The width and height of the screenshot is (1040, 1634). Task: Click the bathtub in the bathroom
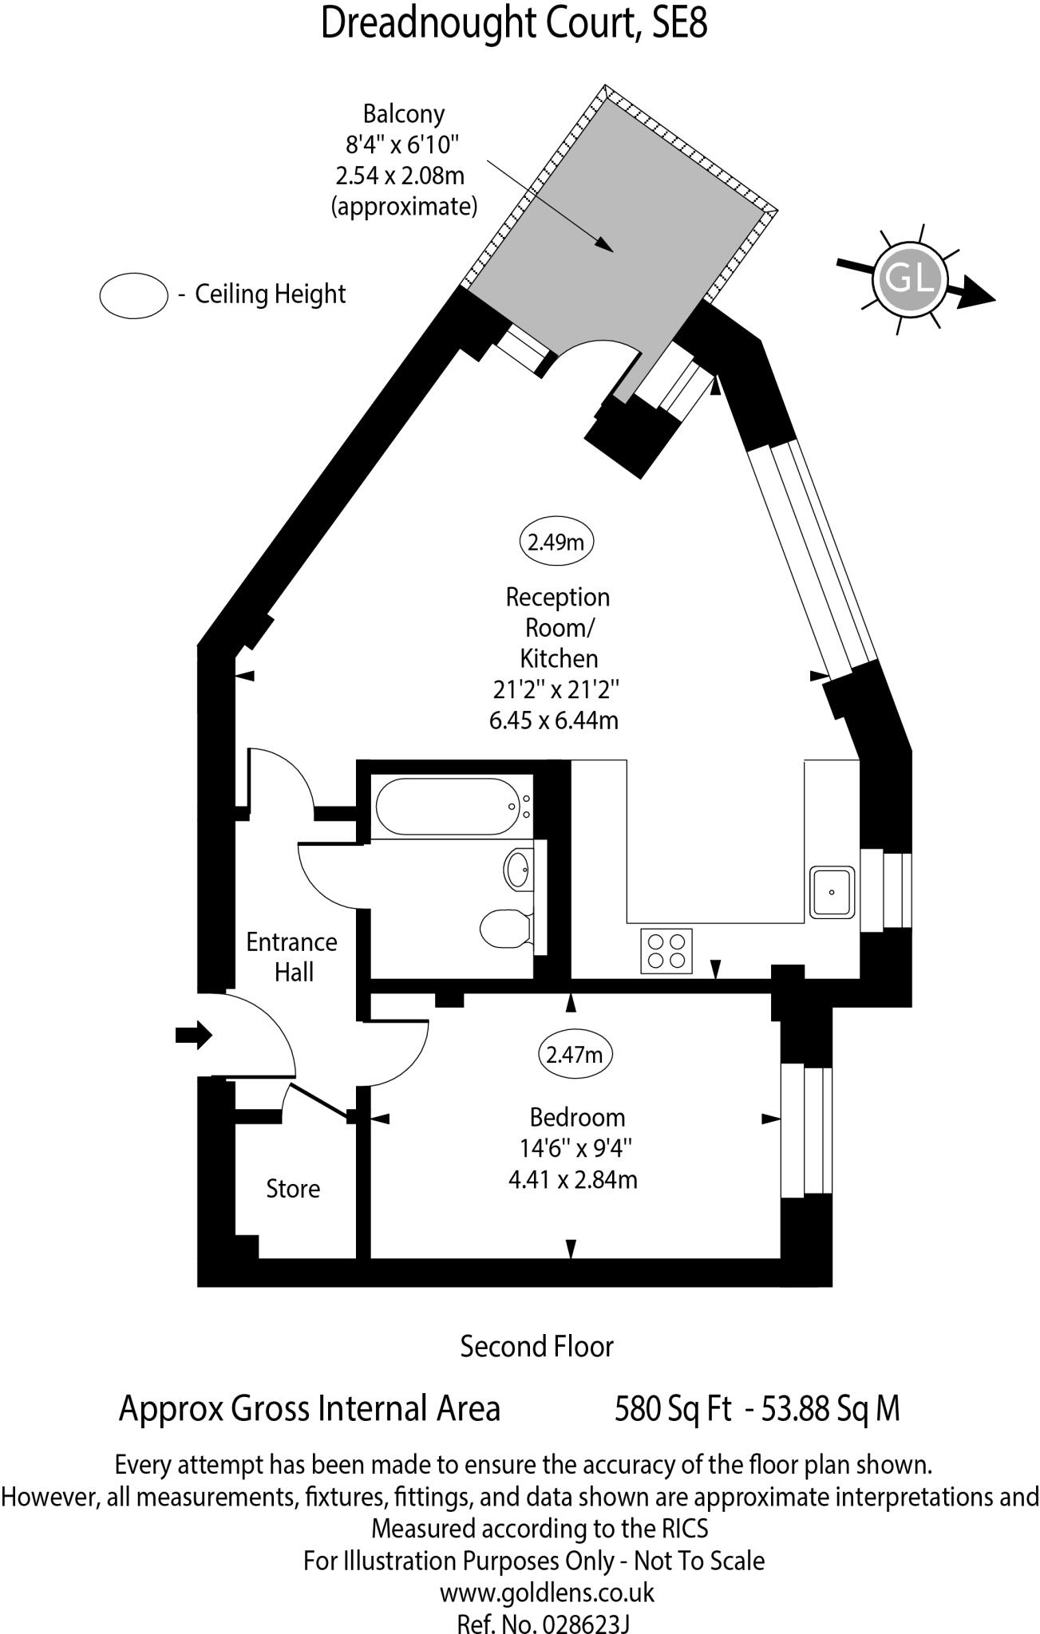pos(447,807)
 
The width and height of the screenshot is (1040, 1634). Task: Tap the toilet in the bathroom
pos(508,927)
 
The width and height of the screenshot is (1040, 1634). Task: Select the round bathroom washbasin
pos(518,868)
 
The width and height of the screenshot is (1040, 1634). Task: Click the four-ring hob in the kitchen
pos(666,951)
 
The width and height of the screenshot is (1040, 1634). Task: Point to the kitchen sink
pos(832,892)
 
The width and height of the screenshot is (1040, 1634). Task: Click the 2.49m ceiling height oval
pos(556,543)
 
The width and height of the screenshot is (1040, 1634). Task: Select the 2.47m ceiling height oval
pos(575,1055)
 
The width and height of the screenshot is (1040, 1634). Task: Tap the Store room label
pos(293,1189)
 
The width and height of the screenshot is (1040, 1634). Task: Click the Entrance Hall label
pos(291,957)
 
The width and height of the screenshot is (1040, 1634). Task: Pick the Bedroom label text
pos(577,1117)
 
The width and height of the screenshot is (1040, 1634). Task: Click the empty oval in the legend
pos(133,295)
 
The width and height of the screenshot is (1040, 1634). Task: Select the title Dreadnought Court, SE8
pos(514,23)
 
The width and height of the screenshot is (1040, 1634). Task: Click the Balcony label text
pos(404,114)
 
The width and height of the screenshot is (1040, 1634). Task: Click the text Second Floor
pos(536,1347)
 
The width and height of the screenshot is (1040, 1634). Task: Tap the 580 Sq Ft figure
pos(673,1408)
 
